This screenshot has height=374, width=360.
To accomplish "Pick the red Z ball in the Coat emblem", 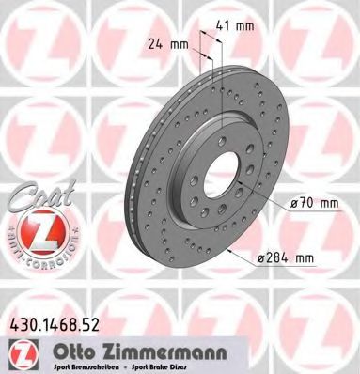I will click(29, 230).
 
